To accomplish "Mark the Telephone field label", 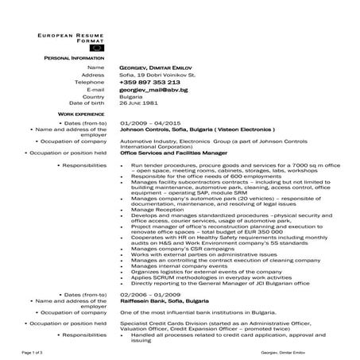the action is tap(89, 82).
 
